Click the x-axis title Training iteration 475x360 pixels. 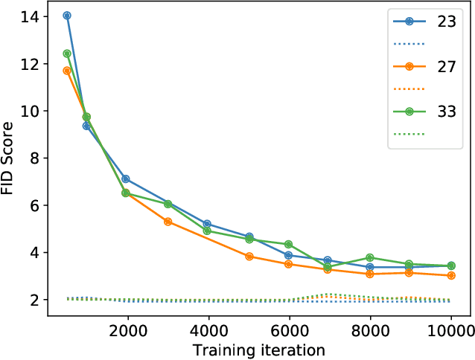pyautogui.click(x=258, y=350)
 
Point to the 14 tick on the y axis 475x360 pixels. pyautogui.click(x=30, y=16)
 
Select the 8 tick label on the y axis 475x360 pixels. pyautogui.click(x=34, y=158)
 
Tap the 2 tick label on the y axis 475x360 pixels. pyautogui.click(x=34, y=300)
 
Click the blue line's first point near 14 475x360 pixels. pyautogui.click(x=67, y=16)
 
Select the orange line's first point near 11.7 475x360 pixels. pyautogui.click(x=67, y=71)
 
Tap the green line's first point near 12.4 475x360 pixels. pyautogui.click(x=67, y=54)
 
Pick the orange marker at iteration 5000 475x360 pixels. pyautogui.click(x=249, y=257)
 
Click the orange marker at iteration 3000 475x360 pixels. pyautogui.click(x=168, y=222)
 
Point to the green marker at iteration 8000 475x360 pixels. pyautogui.click(x=370, y=258)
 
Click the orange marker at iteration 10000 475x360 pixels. pyautogui.click(x=450, y=275)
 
